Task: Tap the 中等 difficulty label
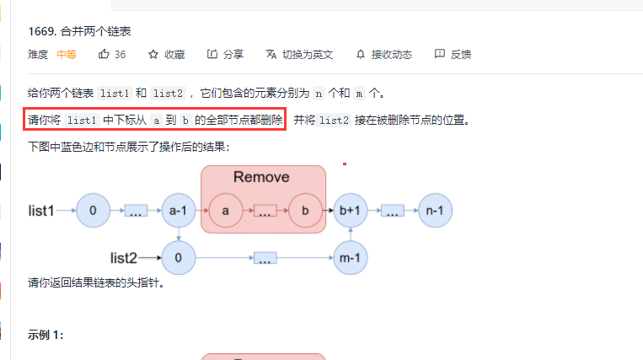[x=67, y=55]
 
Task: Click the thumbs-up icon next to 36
[x=104, y=55]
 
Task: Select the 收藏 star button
[x=167, y=55]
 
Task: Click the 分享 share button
[x=225, y=55]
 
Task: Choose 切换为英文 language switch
[x=299, y=55]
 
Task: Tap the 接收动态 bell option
[x=384, y=55]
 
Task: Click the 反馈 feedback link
[x=453, y=55]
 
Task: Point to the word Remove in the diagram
[x=261, y=177]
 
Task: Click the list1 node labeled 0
[x=93, y=211]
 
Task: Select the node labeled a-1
[x=178, y=211]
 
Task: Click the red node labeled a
[x=225, y=211]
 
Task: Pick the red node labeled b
[x=305, y=211]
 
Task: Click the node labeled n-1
[x=435, y=211]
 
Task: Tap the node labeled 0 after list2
[x=178, y=256]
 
